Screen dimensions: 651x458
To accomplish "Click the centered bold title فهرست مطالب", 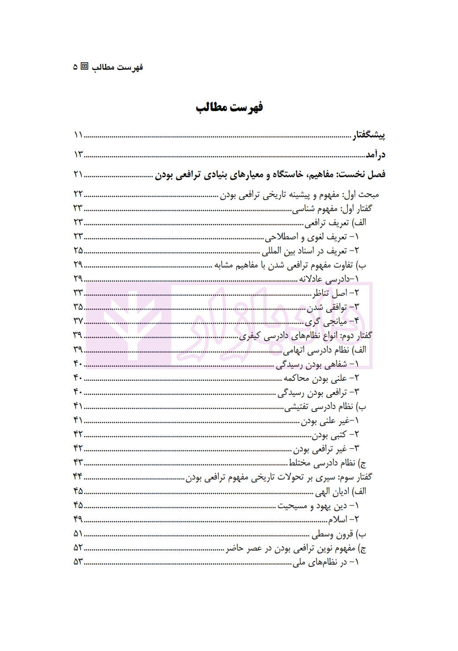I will (229, 108).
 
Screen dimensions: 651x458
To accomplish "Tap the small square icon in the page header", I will (85, 67).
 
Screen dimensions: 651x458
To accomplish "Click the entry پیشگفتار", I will (369, 134).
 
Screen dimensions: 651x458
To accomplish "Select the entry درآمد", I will (376, 154).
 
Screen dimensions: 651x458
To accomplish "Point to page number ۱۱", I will (78, 134).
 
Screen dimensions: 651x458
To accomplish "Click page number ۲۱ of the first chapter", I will (78, 174).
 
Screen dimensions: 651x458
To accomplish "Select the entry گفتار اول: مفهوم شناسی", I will (332, 208).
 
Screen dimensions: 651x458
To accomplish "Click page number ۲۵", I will (78, 250).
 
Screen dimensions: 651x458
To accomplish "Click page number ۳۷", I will (78, 321).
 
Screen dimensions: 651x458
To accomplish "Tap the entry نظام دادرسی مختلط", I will (328, 463).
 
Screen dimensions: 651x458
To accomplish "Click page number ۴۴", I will (78, 476).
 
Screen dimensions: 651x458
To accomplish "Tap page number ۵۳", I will (78, 562).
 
